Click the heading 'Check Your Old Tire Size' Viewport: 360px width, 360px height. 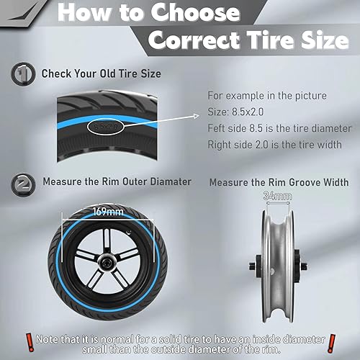point(100,73)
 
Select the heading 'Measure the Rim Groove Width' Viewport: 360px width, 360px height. point(279,182)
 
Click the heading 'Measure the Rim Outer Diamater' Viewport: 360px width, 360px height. point(116,182)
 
